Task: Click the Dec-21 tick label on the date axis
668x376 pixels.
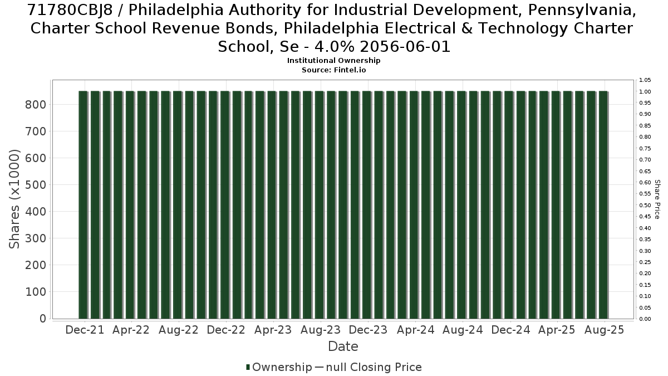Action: coord(85,330)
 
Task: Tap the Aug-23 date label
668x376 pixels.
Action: coord(321,330)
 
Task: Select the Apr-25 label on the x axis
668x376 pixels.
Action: coord(557,330)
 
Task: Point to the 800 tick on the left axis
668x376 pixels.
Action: coord(36,105)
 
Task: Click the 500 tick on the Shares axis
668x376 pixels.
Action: coord(36,185)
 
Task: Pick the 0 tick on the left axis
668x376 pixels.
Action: coord(43,319)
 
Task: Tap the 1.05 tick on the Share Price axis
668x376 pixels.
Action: coord(645,80)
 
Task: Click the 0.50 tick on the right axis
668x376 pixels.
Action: coord(645,205)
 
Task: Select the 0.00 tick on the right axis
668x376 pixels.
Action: coord(645,319)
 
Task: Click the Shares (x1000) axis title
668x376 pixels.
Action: coord(14,199)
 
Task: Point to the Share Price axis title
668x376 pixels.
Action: coord(657,199)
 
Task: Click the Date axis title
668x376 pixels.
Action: coord(343,346)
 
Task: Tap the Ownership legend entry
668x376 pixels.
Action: coord(279,367)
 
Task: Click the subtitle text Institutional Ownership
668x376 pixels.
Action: coord(333,61)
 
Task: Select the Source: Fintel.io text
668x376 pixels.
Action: coord(333,70)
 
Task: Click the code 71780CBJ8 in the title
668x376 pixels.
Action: coord(70,10)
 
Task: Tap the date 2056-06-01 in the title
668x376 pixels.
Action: coord(405,47)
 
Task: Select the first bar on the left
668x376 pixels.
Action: coord(83,205)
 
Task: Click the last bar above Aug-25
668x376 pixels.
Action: coord(603,205)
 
